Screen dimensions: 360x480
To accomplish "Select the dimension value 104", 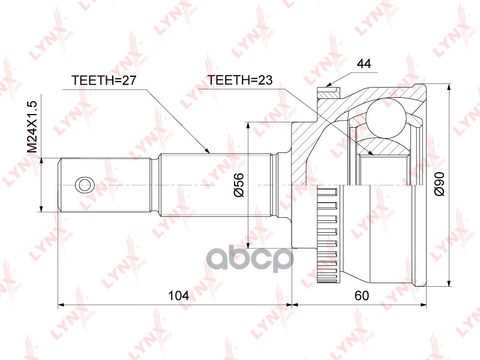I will tap(179, 295).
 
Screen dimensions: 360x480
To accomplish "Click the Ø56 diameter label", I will tap(238, 184).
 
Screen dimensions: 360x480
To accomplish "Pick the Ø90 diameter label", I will tap(439, 184).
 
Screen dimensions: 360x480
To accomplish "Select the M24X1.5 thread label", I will tap(34, 125).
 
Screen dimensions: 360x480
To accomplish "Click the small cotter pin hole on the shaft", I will tap(83, 184).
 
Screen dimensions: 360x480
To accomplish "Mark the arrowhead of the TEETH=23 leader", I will tap(371, 154).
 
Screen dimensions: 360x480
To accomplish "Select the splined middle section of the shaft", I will tap(216, 184).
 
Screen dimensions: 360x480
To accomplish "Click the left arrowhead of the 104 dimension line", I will tap(61, 305).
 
